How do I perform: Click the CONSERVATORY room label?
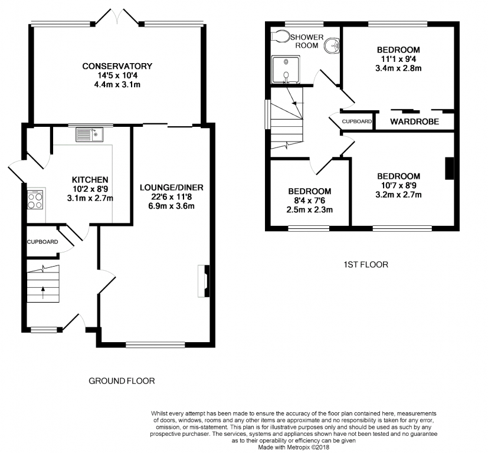pos(117,66)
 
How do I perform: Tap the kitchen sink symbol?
pos(90,134)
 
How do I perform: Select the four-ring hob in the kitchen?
pos(35,199)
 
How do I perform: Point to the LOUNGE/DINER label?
pos(172,188)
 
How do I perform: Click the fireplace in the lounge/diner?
pos(204,281)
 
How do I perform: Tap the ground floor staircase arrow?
pos(43,293)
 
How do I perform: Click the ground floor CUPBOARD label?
pos(42,242)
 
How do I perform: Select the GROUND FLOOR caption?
pos(122,381)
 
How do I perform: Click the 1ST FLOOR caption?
pos(366,265)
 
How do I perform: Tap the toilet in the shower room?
pos(280,36)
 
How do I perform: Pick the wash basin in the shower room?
pos(332,46)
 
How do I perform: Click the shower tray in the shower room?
pos(286,70)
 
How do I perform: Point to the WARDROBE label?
pos(415,122)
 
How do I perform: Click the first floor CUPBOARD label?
pos(356,122)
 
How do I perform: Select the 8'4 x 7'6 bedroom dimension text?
pos(310,201)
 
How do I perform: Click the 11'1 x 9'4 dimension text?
pos(398,59)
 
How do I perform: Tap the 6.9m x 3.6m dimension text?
pos(172,206)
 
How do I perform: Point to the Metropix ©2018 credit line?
pos(293,448)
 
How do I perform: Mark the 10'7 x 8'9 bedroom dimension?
pos(399,185)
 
